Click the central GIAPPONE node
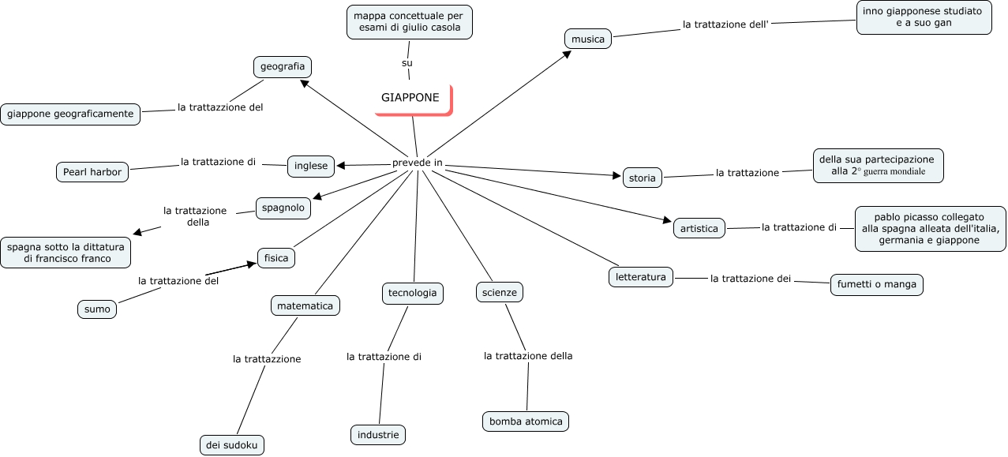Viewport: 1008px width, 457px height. point(412,99)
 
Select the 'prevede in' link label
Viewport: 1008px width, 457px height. point(417,163)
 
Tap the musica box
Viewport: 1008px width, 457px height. point(588,39)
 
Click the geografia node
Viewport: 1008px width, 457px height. point(283,66)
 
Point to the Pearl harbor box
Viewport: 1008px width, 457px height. point(92,171)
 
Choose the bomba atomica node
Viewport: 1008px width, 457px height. point(526,421)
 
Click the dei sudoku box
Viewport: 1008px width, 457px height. point(231,445)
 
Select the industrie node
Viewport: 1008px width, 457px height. point(378,435)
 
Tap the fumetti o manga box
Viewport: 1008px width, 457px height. point(876,285)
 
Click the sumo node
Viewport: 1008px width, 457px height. point(97,309)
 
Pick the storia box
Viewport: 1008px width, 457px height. point(642,178)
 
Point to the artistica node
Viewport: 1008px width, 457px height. point(699,229)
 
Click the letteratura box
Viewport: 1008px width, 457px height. point(641,277)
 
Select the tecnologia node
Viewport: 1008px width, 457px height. point(412,293)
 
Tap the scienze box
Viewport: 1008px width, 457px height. point(500,293)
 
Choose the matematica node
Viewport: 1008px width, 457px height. point(305,305)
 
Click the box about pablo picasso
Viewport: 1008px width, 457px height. point(931,229)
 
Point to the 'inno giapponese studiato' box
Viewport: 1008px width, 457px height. point(924,17)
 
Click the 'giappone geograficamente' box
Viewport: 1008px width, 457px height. point(70,114)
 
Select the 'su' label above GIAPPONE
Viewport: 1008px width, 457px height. point(407,62)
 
